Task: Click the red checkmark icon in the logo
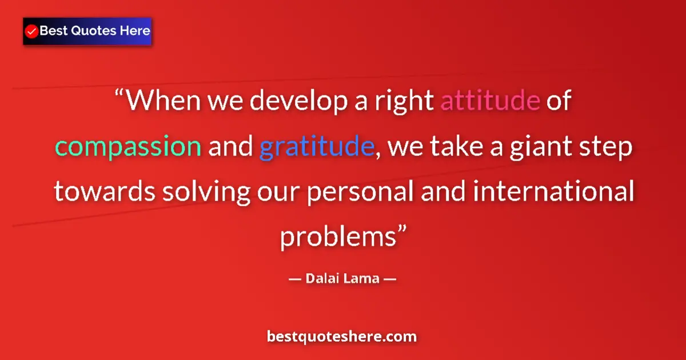click(x=32, y=31)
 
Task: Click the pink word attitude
click(x=490, y=101)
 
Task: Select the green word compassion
click(x=128, y=147)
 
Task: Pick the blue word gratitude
click(x=316, y=147)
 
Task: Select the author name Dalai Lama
click(x=342, y=279)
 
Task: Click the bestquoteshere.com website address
click(x=342, y=337)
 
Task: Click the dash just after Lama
click(x=389, y=279)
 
